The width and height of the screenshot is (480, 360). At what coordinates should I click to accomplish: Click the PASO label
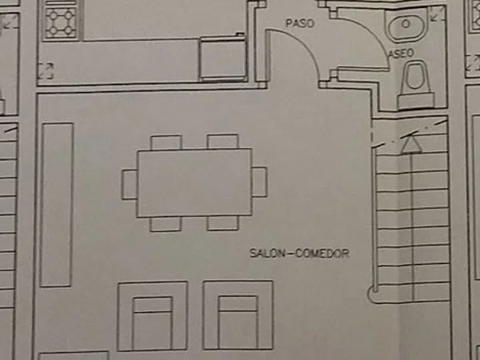tap(300, 23)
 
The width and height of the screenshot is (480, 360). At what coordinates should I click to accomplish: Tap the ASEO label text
tap(402, 54)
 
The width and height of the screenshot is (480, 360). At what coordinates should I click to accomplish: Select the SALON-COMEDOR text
tap(299, 254)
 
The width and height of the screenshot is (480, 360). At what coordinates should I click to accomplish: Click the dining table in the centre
tap(194, 182)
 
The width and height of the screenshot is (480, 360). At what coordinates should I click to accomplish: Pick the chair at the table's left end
tap(130, 184)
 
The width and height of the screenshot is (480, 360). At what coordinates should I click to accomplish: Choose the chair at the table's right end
tap(259, 182)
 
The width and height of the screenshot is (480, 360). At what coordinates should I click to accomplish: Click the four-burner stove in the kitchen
tap(62, 22)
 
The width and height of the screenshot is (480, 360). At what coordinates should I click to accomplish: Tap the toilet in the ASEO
tap(415, 85)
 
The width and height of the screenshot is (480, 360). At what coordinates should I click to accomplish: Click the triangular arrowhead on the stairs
tap(411, 144)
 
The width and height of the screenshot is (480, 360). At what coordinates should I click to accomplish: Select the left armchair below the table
tap(153, 316)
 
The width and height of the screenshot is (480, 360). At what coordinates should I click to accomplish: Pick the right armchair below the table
tap(238, 315)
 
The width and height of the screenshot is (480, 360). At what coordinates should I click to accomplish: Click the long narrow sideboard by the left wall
tap(57, 205)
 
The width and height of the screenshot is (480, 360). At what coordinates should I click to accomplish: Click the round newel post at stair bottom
tap(373, 291)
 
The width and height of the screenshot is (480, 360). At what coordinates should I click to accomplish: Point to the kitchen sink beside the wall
tap(223, 58)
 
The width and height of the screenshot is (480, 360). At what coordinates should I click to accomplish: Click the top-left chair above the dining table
tap(166, 142)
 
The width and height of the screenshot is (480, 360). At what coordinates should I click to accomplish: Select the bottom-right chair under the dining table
tap(223, 223)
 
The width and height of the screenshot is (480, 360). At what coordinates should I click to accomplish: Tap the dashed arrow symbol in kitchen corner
tap(46, 70)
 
